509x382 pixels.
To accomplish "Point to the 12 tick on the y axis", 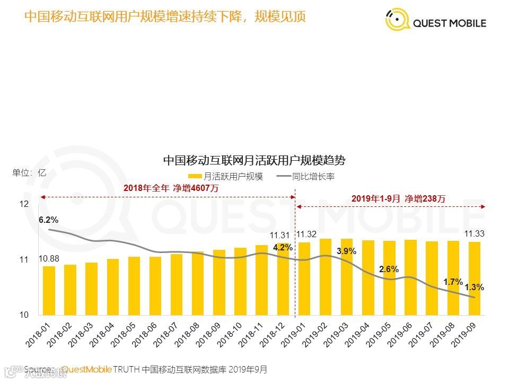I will [x=23, y=204].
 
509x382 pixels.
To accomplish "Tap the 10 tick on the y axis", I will [x=23, y=315].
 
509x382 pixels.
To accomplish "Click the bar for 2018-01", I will [x=49, y=291].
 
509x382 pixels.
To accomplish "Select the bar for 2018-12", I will [x=283, y=279].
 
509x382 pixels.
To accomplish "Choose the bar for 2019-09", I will [x=475, y=279].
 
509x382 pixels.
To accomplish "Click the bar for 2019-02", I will [x=326, y=277].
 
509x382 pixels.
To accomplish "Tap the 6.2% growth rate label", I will [x=49, y=220].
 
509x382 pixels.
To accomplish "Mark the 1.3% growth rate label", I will [x=474, y=287].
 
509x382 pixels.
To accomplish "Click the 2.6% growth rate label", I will [x=389, y=270].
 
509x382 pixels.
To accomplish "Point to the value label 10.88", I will [x=49, y=258].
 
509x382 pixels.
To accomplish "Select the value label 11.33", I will [x=475, y=233].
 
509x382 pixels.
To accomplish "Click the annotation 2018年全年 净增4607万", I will [x=171, y=188].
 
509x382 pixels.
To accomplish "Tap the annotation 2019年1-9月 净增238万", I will [x=398, y=198].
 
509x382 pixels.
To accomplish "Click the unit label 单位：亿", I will [x=30, y=172].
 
